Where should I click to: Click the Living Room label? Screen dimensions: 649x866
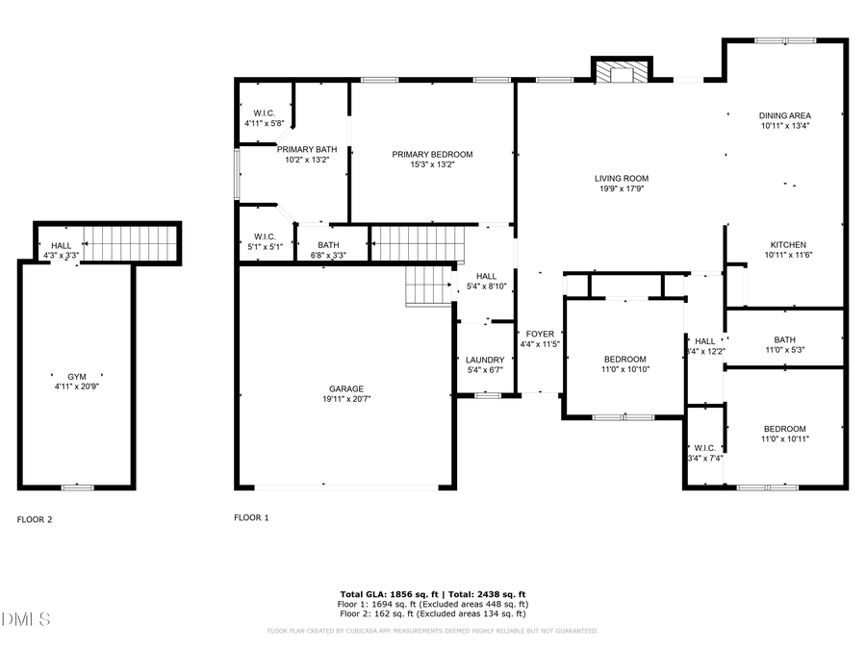tap(621, 178)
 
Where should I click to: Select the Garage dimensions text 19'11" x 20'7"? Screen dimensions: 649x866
tap(346, 399)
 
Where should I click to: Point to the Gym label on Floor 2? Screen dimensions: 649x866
tap(76, 375)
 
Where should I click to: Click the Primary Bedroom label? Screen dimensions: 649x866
tap(432, 154)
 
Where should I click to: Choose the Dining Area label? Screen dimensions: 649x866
tap(784, 115)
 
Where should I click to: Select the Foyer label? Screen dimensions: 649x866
tap(539, 334)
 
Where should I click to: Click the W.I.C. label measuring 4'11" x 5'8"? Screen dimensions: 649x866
tap(265, 112)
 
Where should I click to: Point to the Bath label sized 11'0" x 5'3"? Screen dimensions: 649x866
tap(784, 339)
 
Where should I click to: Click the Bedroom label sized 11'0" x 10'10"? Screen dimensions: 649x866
tap(624, 359)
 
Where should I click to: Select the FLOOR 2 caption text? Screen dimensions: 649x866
tap(35, 519)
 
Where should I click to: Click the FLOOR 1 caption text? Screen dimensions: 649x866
tap(251, 517)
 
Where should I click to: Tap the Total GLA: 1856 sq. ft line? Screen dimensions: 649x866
tap(432, 594)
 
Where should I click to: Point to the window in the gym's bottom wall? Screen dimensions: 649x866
tap(77, 487)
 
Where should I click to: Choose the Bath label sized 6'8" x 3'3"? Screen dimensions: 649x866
tap(330, 245)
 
